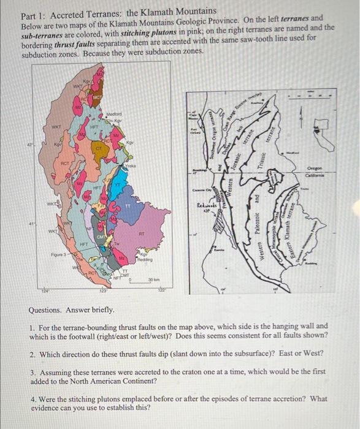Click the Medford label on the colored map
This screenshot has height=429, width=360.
tap(114, 113)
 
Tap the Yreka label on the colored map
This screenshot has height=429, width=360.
tap(130, 166)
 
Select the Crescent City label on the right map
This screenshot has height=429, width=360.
tap(199, 191)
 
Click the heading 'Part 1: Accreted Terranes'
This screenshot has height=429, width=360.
tap(118, 11)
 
